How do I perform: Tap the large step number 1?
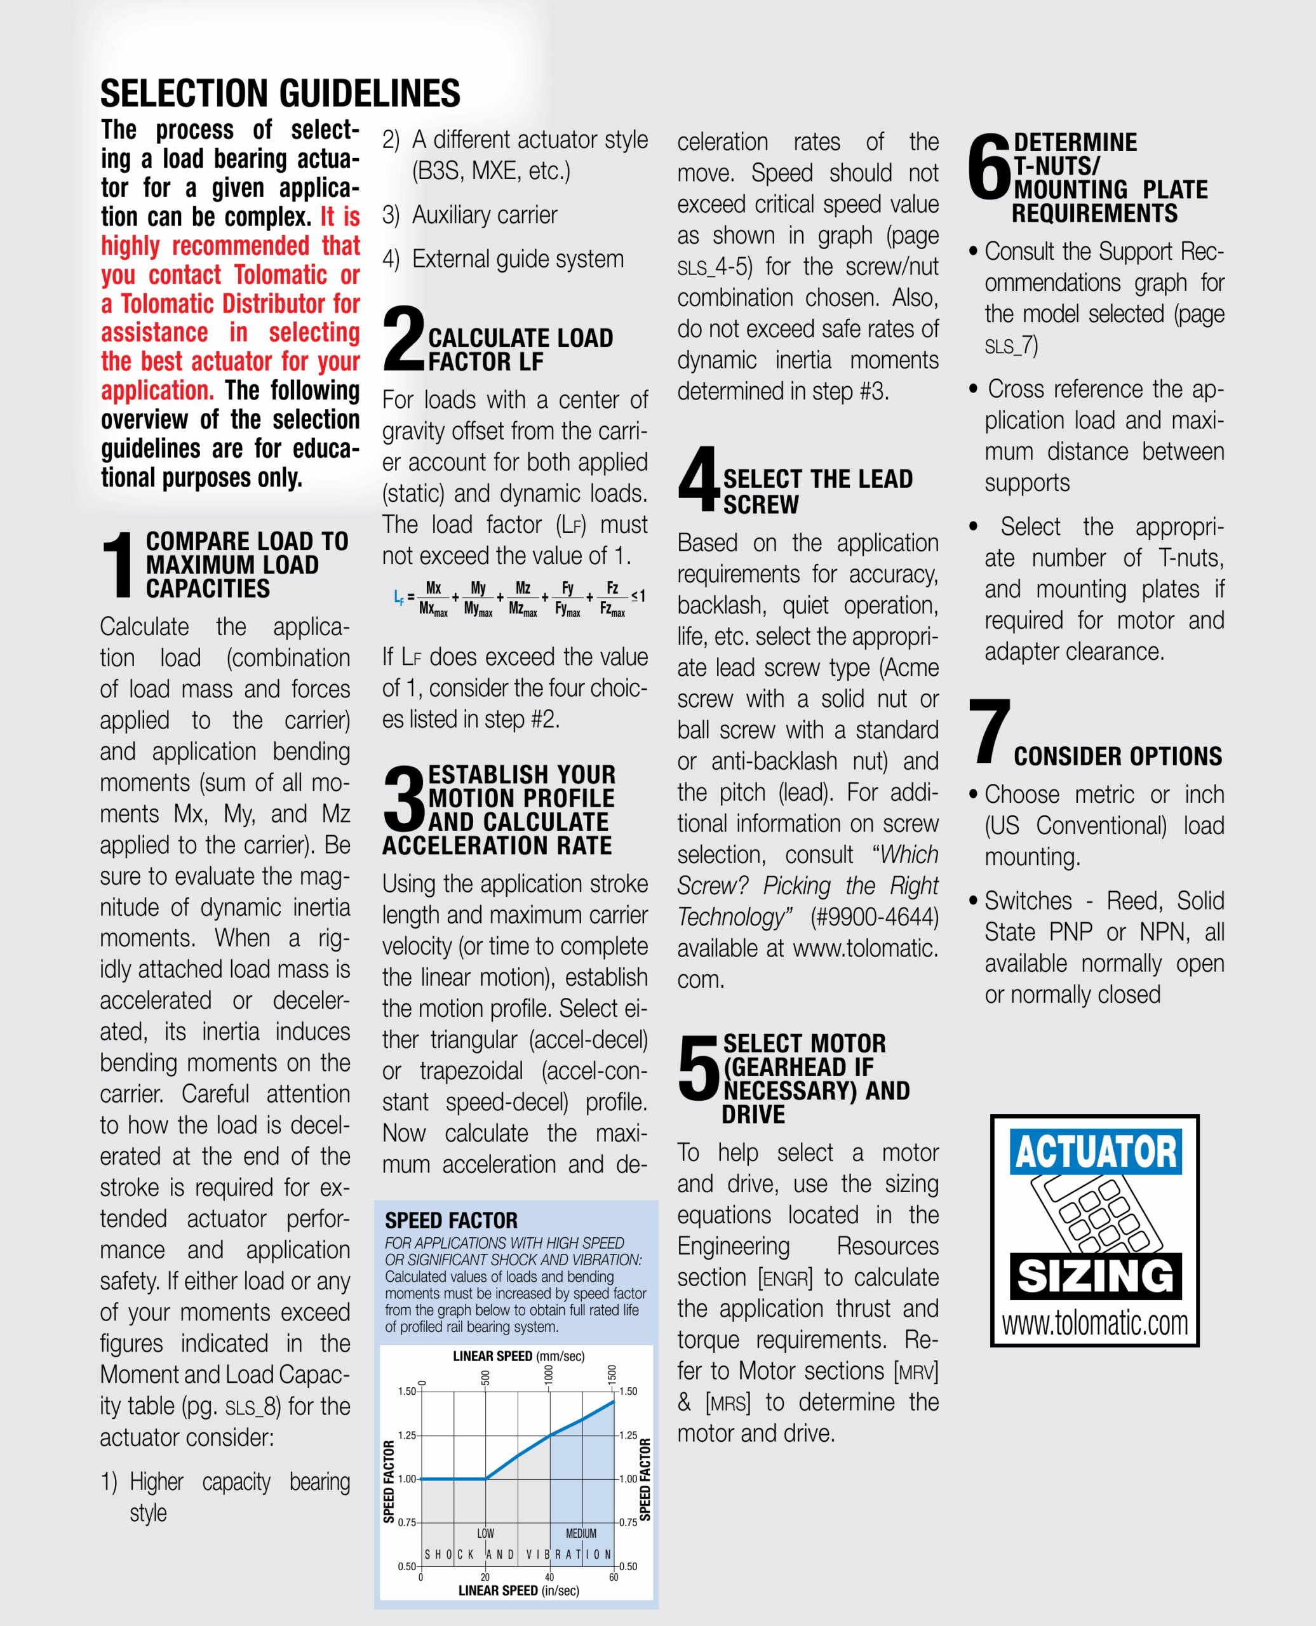[x=118, y=564]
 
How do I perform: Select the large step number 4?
[x=698, y=479]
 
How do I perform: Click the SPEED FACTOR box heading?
[x=451, y=1219]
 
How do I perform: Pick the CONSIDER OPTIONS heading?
[x=1117, y=756]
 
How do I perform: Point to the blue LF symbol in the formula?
[x=399, y=596]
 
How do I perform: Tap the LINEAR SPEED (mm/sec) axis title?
[x=518, y=1355]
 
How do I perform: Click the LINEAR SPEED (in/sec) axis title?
[x=518, y=1590]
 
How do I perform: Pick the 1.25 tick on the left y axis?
[x=407, y=1435]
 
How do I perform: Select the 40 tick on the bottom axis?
[x=549, y=1576]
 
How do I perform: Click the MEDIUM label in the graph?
[x=581, y=1533]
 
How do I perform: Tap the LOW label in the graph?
[x=485, y=1533]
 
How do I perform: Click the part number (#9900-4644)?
[x=874, y=917]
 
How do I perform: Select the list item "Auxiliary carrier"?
[x=485, y=215]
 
